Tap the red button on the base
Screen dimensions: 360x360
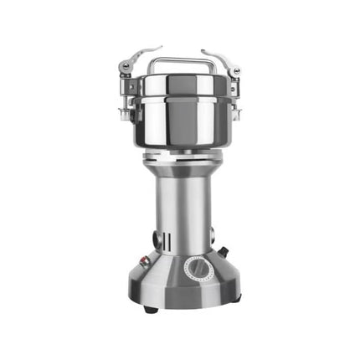pyautogui.click(x=143, y=260)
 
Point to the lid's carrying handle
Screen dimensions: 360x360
pyautogui.click(x=177, y=62)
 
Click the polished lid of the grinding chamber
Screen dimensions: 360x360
pyautogui.click(x=177, y=85)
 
